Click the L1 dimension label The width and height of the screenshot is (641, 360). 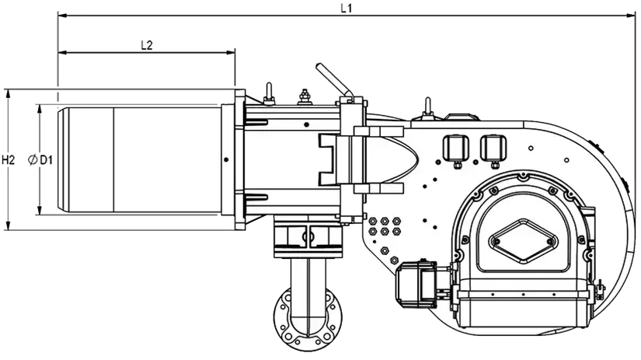pos(347,8)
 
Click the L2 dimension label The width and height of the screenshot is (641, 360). pos(146,45)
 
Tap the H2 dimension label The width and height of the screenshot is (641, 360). pos(9,160)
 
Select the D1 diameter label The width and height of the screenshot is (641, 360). pos(46,160)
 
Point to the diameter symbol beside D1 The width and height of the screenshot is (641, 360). pos(33,160)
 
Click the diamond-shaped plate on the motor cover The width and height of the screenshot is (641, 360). pos(523,241)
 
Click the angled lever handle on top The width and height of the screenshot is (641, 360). pos(334,80)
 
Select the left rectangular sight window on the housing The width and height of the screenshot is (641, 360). pos(457,148)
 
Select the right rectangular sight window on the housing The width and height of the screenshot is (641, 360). pos(494,148)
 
